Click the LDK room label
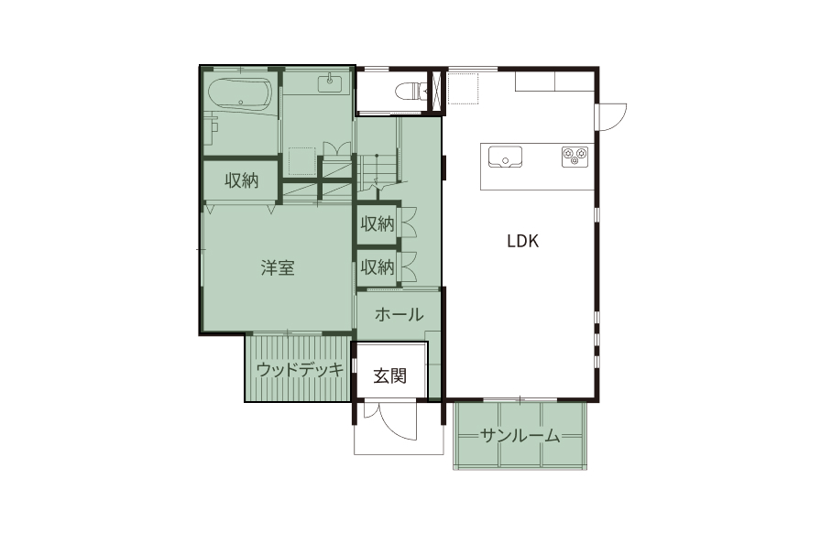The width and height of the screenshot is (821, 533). (x=522, y=241)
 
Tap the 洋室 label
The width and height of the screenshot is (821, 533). (x=278, y=267)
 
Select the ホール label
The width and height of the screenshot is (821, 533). (x=399, y=314)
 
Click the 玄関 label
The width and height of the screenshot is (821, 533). (x=390, y=375)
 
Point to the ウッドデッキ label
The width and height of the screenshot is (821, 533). (x=300, y=370)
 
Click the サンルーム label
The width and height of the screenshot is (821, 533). (x=520, y=435)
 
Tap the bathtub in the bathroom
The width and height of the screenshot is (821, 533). (x=240, y=94)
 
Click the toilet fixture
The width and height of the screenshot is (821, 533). (x=410, y=91)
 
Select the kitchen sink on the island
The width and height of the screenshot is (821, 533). (x=505, y=157)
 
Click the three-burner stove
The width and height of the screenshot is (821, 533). (x=575, y=157)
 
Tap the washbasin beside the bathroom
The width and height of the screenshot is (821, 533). (x=330, y=83)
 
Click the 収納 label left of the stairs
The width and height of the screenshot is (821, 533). (x=241, y=180)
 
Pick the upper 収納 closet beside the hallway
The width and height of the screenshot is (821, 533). (x=377, y=224)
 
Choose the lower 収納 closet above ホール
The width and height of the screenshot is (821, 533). (x=377, y=267)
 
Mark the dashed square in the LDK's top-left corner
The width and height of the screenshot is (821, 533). (x=463, y=89)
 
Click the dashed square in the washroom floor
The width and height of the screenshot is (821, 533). (x=302, y=162)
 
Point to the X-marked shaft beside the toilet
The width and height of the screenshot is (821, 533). (x=435, y=91)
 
